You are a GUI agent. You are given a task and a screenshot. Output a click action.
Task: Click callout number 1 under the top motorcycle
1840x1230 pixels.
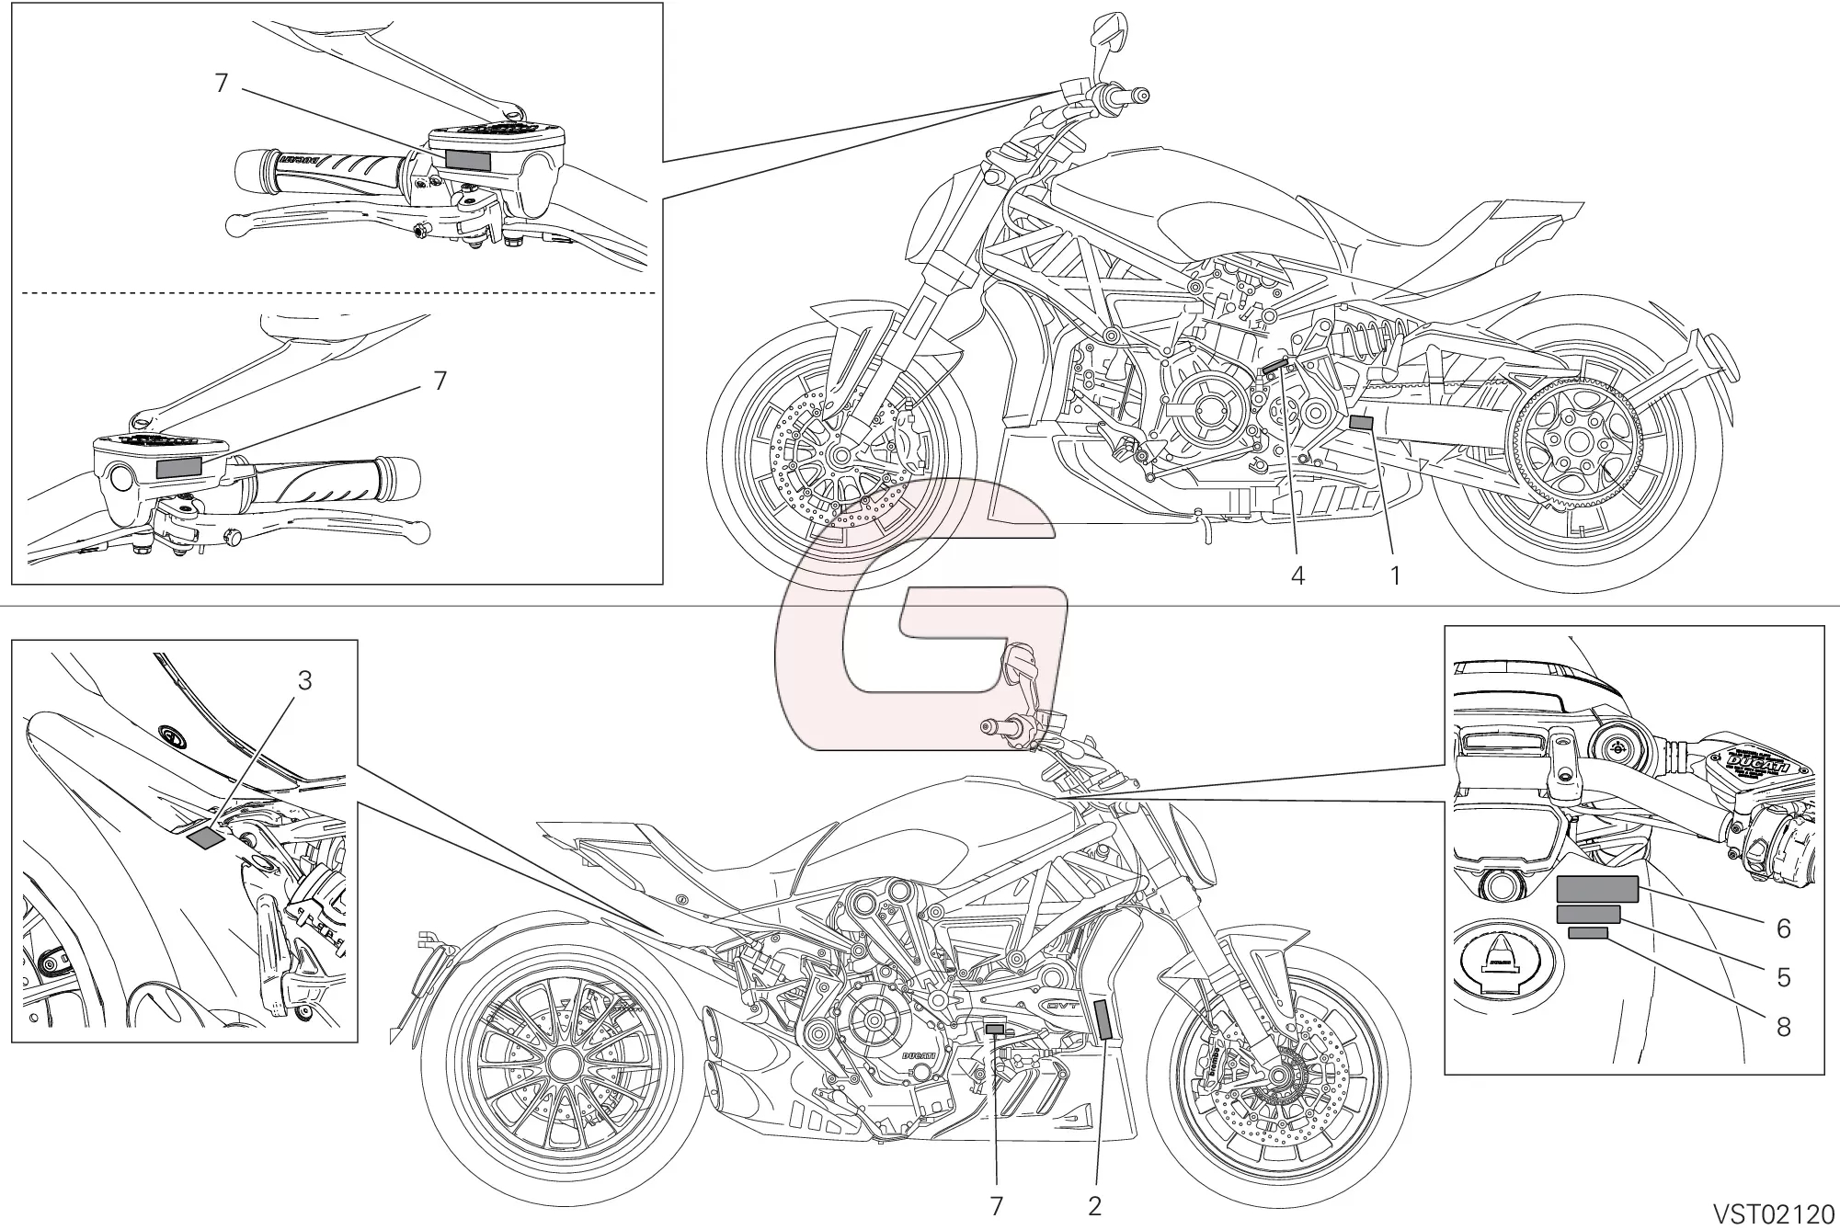(1395, 576)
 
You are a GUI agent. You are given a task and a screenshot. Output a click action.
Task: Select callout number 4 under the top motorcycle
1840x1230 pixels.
(1297, 576)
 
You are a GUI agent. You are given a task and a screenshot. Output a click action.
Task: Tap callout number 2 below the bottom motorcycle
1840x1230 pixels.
(1094, 1206)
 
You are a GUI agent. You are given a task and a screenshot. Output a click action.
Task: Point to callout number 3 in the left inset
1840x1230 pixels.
(304, 680)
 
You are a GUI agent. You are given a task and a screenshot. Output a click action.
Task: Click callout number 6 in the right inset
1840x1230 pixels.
(1783, 929)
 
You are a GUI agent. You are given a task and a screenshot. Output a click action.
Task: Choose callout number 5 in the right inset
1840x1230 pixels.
(1783, 977)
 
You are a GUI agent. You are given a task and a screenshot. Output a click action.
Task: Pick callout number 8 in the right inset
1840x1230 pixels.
(1783, 1026)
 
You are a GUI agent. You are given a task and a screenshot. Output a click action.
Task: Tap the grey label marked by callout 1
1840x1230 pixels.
(1361, 423)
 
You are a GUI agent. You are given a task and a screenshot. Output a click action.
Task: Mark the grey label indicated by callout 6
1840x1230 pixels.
(1597, 889)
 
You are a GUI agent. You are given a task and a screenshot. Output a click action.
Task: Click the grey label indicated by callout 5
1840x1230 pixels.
(1588, 913)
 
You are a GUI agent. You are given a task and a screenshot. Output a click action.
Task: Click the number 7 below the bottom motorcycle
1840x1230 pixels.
(997, 1206)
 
